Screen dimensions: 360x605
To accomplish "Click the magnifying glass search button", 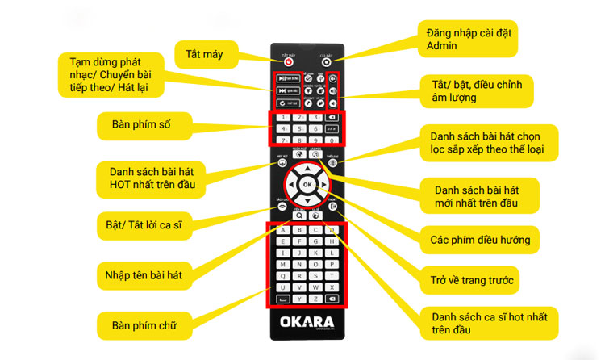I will (x=298, y=216).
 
